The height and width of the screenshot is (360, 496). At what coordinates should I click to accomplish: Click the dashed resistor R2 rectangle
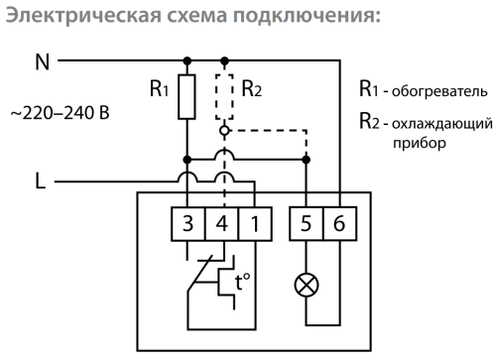[226, 97]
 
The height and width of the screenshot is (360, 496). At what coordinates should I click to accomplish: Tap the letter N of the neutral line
[42, 62]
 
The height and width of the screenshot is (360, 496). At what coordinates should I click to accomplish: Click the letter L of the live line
[41, 182]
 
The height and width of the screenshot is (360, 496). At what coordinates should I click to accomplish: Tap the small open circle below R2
[226, 131]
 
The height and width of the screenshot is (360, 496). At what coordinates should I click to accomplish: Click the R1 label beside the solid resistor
[160, 87]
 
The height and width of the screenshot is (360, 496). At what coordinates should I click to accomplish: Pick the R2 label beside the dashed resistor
[253, 87]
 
